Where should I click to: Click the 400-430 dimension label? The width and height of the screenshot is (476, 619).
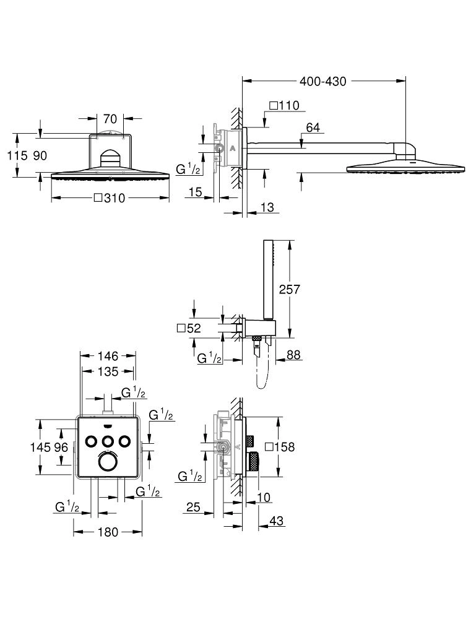click(322, 81)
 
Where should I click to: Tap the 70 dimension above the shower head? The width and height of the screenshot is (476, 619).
click(111, 118)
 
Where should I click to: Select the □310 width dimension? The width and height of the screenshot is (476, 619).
click(110, 199)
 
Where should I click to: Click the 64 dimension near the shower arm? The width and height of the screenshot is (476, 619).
click(313, 128)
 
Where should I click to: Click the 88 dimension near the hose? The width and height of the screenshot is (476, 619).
click(293, 355)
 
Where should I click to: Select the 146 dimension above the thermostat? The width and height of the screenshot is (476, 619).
click(108, 356)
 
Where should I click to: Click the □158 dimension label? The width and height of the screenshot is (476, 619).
click(280, 447)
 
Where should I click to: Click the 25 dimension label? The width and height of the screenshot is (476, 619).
click(193, 508)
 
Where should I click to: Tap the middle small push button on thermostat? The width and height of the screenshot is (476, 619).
click(108, 441)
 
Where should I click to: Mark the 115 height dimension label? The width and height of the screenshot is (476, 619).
click(17, 156)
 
